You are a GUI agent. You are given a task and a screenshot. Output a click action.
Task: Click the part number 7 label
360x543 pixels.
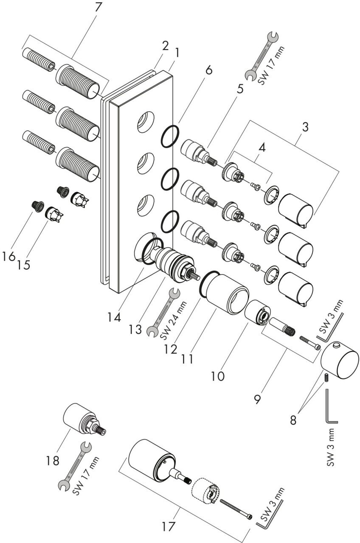97,8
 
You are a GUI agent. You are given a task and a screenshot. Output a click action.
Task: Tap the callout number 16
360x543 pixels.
8,256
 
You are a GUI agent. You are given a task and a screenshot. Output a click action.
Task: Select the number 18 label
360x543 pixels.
53,460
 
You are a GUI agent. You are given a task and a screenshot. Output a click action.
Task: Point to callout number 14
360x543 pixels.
114,317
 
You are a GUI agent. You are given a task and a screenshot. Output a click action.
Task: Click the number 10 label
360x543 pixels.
218,376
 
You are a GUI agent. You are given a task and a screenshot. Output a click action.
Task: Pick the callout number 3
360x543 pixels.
305,127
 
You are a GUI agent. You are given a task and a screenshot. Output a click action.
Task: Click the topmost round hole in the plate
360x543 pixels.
146,122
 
